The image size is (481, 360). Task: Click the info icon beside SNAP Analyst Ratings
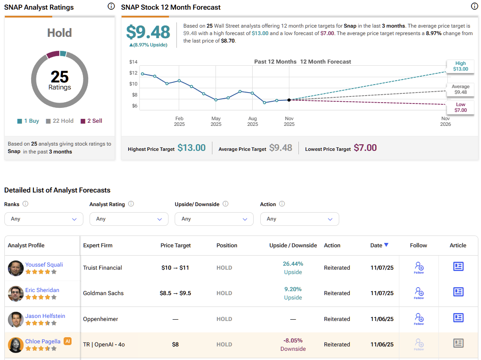[x=111, y=7]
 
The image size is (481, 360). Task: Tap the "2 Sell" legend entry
[x=91, y=121]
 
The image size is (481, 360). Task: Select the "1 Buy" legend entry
[x=29, y=121]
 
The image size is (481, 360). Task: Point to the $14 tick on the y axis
[x=133, y=62]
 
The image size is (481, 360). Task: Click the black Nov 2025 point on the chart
[x=289, y=100]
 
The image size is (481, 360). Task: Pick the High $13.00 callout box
[x=460, y=66]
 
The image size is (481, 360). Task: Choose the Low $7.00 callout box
[x=460, y=107]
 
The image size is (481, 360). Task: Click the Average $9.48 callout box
[x=460, y=89]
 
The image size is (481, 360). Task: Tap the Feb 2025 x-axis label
[x=179, y=121]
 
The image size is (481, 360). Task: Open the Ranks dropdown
[x=43, y=219]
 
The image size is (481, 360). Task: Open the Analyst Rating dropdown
[x=129, y=219]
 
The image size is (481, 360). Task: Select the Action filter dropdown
[x=299, y=219]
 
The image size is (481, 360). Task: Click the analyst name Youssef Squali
[x=44, y=264]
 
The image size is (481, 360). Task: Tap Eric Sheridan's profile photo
[x=15, y=293]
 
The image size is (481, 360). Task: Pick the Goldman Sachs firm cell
[x=103, y=293]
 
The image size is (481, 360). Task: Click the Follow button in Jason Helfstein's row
[x=419, y=319]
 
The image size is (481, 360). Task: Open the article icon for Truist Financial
[x=458, y=267]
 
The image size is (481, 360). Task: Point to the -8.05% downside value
[x=293, y=340]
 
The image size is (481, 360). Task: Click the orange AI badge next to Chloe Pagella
[x=68, y=341]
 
